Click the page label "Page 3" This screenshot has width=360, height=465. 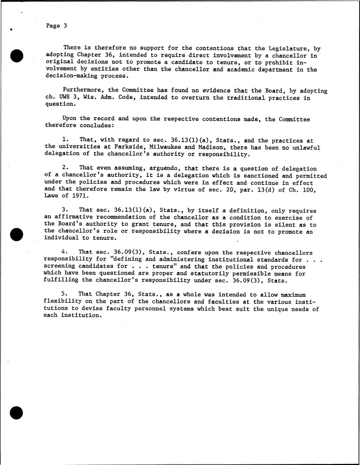pyautogui.click(x=56, y=26)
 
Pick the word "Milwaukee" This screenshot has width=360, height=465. pyautogui.click(x=164, y=147)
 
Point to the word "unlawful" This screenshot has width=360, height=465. pyautogui.click(x=306, y=147)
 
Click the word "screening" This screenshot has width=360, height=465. pyautogui.click(x=59, y=266)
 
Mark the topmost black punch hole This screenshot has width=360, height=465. pyautogui.click(x=16, y=56)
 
